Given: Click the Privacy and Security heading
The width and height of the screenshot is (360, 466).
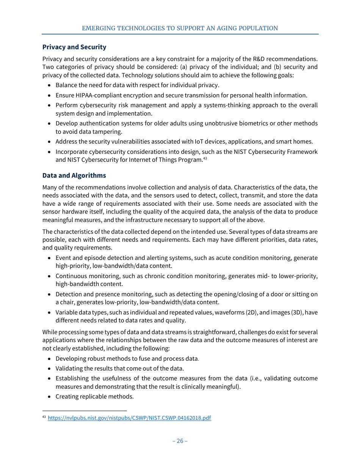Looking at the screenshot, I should point(74,47).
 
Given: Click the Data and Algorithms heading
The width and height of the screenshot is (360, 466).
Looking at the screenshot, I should point(74,175).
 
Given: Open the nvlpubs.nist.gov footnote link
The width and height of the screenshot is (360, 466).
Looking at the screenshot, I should point(129,418).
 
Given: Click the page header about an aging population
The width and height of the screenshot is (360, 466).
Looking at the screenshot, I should point(180,28).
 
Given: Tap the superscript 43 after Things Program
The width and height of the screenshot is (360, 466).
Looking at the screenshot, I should point(205,158).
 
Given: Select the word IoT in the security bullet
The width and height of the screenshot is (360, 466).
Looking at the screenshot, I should point(199,141).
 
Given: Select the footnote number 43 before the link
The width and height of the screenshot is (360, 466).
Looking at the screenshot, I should point(44,417).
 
